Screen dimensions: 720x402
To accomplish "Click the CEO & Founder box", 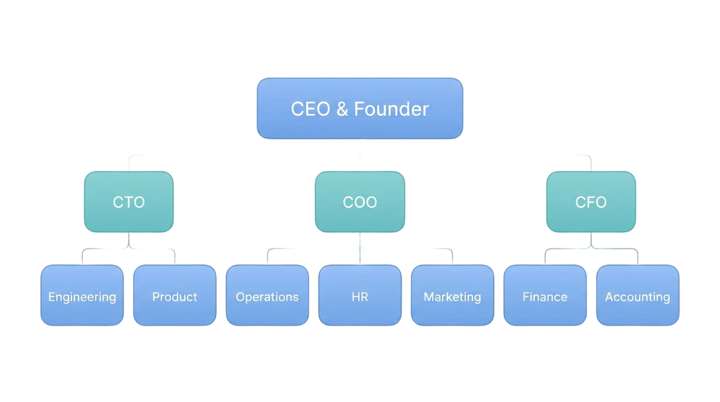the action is [x=360, y=108].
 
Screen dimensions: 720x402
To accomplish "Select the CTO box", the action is [x=129, y=202].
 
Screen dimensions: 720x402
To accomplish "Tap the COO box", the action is [x=360, y=202].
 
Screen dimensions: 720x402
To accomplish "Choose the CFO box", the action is [x=591, y=202].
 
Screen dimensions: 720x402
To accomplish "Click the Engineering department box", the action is [x=82, y=295].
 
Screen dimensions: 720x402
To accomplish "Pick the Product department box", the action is [x=175, y=295].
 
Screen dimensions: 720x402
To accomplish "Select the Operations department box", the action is [x=267, y=295].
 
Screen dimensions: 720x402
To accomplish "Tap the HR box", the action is [x=360, y=295].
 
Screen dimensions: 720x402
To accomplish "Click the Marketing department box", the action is [x=453, y=295].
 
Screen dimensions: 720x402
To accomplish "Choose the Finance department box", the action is [x=545, y=295].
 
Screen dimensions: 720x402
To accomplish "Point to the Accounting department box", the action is [x=638, y=295].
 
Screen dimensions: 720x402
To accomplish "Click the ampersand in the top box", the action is [x=342, y=109].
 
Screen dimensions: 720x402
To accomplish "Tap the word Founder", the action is [x=391, y=109].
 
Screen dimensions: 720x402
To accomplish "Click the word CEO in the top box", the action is [x=310, y=109].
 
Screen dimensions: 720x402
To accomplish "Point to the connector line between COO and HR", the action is [x=360, y=249].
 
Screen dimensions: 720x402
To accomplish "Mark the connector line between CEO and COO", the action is [x=360, y=155].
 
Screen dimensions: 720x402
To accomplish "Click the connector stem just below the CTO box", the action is [x=129, y=240].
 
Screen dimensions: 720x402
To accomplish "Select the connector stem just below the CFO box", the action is [x=591, y=240].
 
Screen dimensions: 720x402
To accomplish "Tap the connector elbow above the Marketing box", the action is [x=451, y=250].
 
